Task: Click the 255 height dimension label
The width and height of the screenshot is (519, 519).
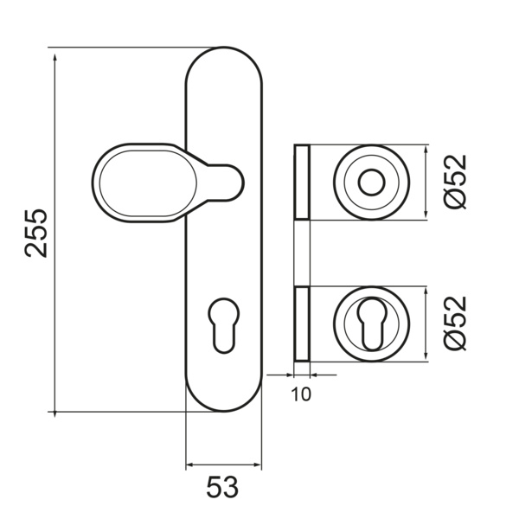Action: (36, 233)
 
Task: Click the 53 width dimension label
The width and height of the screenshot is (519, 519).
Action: (222, 487)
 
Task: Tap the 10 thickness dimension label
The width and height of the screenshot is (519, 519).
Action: (301, 394)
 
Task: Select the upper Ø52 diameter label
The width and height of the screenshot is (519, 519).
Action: (456, 182)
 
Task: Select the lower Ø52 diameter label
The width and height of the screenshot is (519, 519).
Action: (456, 323)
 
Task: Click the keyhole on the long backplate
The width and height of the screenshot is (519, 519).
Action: (223, 326)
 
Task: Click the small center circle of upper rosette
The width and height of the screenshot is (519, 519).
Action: (371, 183)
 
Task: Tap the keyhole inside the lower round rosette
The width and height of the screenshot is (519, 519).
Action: (371, 324)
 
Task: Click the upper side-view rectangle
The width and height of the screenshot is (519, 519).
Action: (302, 182)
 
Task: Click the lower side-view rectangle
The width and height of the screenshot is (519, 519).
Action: (302, 324)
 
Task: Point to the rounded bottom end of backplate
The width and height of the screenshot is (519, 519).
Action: (224, 394)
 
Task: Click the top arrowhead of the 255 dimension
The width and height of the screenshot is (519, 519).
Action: (55, 57)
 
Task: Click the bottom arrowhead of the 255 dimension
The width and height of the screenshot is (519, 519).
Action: (55, 413)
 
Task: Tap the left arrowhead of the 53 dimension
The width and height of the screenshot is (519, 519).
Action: (189, 465)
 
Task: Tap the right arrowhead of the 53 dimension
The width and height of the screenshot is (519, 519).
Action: (258, 465)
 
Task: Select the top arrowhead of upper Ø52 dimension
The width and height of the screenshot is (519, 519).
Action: (426, 150)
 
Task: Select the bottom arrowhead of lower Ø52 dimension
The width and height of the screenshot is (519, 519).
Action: (426, 356)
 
